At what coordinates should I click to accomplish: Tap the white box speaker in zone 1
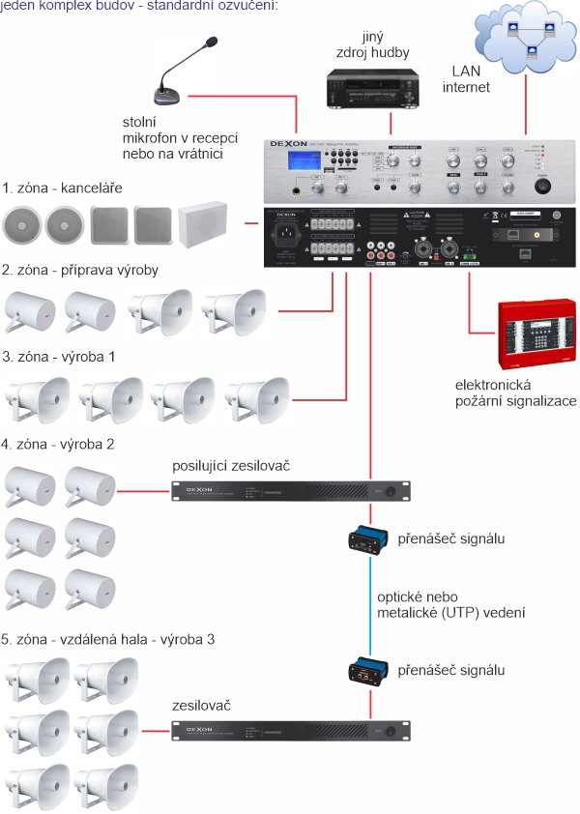[x=203, y=223]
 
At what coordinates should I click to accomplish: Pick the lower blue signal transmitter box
[x=369, y=669]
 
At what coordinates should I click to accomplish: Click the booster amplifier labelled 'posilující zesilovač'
[x=290, y=491]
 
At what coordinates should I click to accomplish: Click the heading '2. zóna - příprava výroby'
[x=80, y=270]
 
